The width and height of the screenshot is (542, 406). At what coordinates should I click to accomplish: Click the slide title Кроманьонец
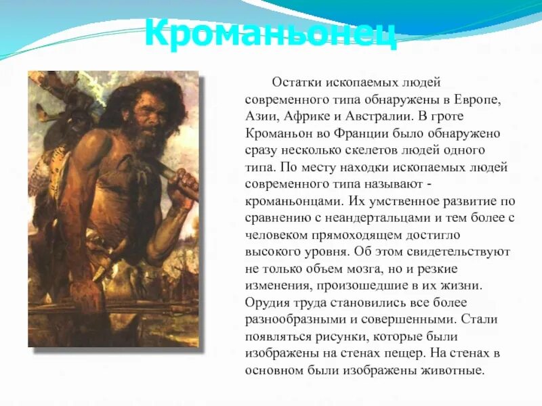(x=270, y=32)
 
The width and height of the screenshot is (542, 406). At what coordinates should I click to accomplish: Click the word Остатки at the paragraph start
(x=293, y=83)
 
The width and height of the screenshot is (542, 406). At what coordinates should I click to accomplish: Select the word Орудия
(x=268, y=302)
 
